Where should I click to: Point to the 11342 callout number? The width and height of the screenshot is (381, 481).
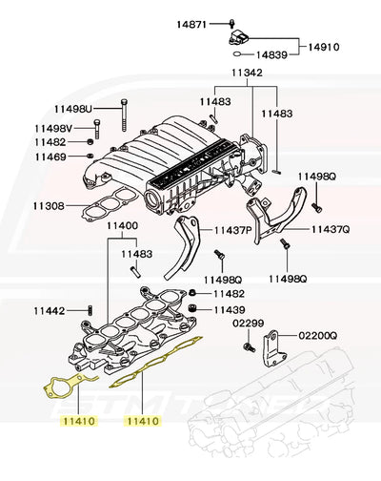[247, 73]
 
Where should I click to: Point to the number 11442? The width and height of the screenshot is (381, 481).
[50, 311]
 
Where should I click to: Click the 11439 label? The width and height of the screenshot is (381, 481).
[229, 310]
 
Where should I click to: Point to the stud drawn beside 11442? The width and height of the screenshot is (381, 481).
[90, 311]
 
